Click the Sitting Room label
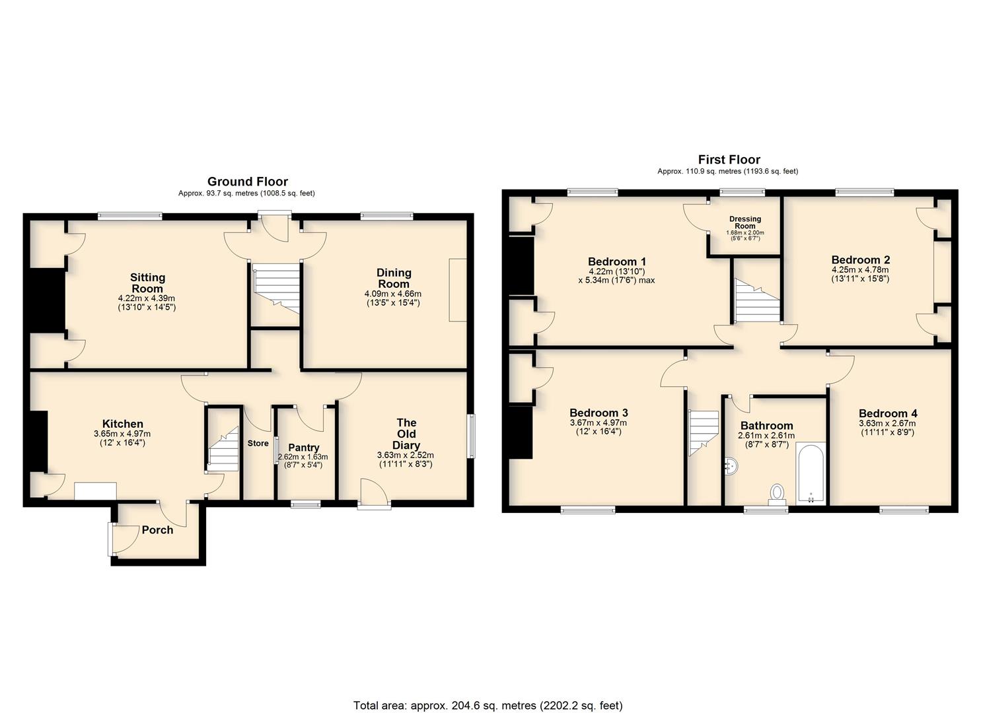pyautogui.click(x=147, y=283)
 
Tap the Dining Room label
pyautogui.click(x=394, y=279)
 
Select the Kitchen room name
pyautogui.click(x=123, y=424)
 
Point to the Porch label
pyautogui.click(x=157, y=530)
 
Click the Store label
pyautogui.click(x=258, y=444)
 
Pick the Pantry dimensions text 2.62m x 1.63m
pyautogui.click(x=303, y=457)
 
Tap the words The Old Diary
pyautogui.click(x=406, y=434)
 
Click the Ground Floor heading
pyautogui.click(x=248, y=182)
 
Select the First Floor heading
pyautogui.click(x=729, y=159)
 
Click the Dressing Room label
pyautogui.click(x=745, y=222)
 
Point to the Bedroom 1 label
pyautogui.click(x=616, y=261)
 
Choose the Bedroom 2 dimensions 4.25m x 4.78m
pyautogui.click(x=860, y=269)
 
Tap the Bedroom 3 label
pyautogui.click(x=599, y=413)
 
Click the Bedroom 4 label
pyautogui.click(x=888, y=413)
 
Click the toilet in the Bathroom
pyautogui.click(x=778, y=494)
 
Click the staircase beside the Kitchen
pyautogui.click(x=223, y=449)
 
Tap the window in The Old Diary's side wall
pyautogui.click(x=471, y=436)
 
